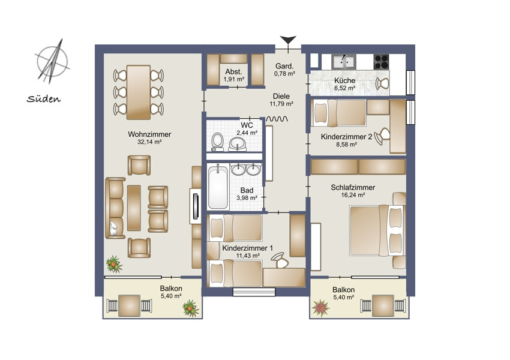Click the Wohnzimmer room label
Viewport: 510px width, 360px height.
149,134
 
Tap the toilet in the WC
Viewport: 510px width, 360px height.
217,142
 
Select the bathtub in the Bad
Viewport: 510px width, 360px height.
218,187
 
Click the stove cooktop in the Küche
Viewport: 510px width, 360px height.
381,61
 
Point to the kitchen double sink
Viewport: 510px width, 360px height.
343,61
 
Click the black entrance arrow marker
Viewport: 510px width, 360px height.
288,40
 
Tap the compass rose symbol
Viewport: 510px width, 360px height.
52,61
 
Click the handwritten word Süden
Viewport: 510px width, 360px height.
44,98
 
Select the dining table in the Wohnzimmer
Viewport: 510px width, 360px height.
139,92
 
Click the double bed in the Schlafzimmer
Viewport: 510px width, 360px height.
377,230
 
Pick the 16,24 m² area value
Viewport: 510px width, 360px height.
353,195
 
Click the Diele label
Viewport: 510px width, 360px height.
281,96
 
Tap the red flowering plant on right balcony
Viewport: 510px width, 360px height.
321,308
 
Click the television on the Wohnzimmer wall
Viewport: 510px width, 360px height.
196,206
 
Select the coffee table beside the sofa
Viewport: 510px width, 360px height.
134,208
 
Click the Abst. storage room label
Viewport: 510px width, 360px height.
233,71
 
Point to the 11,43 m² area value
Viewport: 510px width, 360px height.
248,256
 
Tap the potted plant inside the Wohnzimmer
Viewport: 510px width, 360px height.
114,264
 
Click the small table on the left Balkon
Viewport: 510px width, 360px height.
129,305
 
